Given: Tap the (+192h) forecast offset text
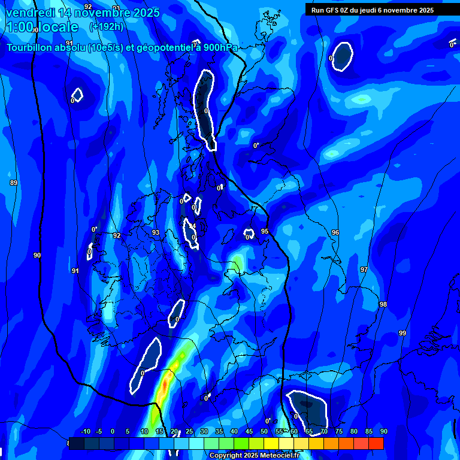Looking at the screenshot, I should tap(107, 26).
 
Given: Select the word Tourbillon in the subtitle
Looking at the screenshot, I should tap(30, 47).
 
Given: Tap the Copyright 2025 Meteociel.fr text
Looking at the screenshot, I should tap(255, 455).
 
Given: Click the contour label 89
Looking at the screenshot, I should tap(14, 183).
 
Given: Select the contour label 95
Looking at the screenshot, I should tap(265, 231).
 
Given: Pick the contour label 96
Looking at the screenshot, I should tap(335, 232).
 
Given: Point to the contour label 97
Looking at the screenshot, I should tap(364, 270).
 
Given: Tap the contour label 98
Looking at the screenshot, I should tap(383, 305).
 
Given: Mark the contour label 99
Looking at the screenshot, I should tap(402, 333).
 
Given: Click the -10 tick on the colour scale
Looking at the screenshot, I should tap(85, 432).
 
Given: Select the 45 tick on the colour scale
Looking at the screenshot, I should tap(249, 432).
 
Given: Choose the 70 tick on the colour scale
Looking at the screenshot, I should tap(324, 432).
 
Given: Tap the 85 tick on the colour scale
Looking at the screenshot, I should tap(369, 432).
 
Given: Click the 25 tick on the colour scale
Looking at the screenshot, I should tap(189, 432).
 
